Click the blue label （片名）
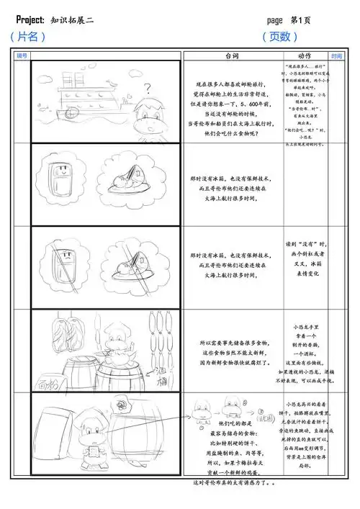click(29, 37)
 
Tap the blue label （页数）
click(280, 37)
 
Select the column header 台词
click(232, 55)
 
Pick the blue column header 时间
click(336, 55)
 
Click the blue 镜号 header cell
click(21, 55)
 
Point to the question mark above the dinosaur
click(147, 89)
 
